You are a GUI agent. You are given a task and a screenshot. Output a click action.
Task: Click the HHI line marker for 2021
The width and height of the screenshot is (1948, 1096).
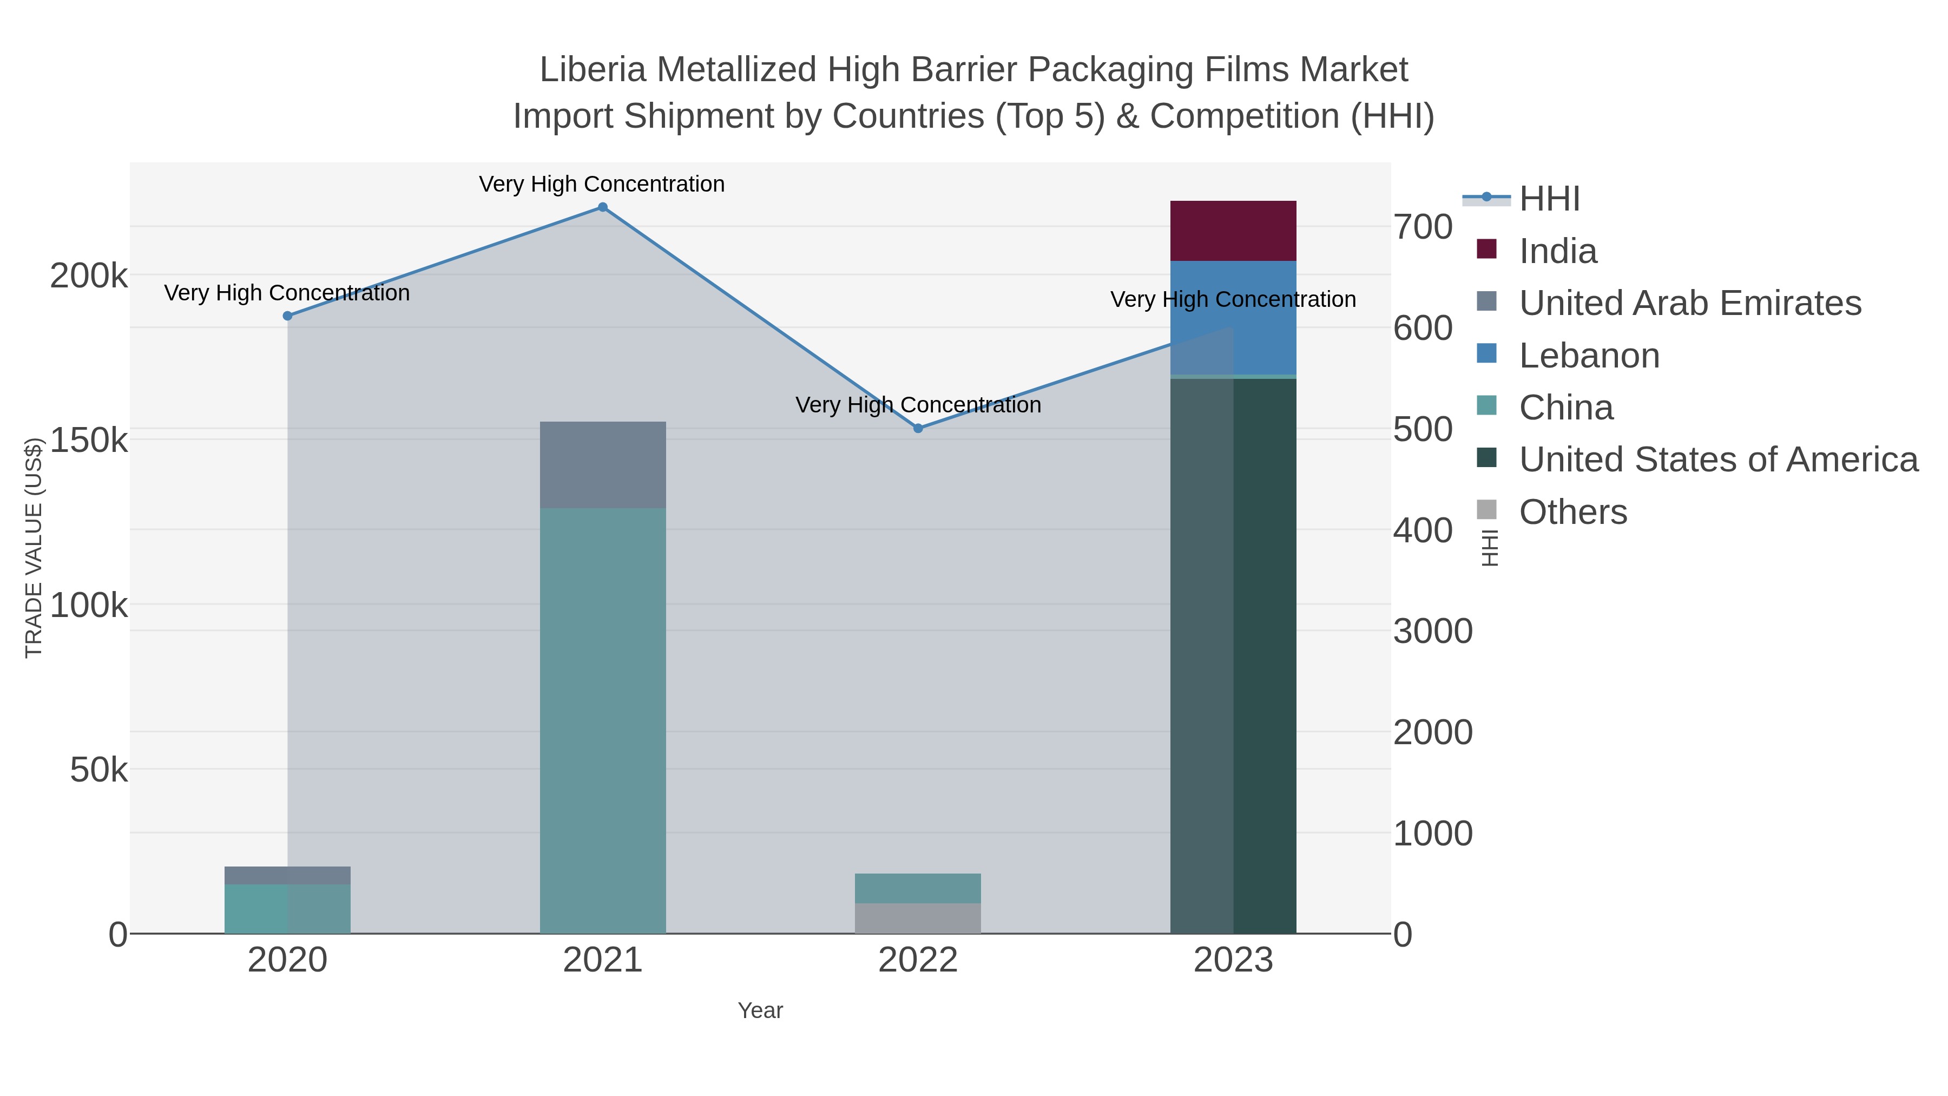tap(603, 207)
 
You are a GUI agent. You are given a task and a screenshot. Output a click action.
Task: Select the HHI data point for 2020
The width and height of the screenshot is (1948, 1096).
tap(287, 316)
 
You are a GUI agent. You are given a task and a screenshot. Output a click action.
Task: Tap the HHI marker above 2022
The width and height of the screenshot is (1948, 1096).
tap(918, 428)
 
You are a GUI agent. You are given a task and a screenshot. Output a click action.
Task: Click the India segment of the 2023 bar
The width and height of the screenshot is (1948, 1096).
tap(1233, 231)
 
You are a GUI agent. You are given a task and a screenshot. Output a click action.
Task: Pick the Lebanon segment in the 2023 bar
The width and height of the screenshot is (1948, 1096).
tap(1233, 318)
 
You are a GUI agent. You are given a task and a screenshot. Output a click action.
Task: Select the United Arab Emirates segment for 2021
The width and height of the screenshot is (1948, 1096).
tap(603, 464)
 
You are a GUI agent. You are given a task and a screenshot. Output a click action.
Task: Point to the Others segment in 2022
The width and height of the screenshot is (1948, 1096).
tap(918, 918)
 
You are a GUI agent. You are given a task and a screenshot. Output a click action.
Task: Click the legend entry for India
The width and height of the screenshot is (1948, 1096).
tap(1558, 251)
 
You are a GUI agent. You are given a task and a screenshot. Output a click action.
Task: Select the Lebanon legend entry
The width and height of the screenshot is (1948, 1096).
tap(1589, 356)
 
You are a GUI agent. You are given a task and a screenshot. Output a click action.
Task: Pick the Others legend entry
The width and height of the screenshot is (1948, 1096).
tap(1573, 512)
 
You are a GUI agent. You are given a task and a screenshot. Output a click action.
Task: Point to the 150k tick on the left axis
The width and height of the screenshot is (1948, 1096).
tap(89, 440)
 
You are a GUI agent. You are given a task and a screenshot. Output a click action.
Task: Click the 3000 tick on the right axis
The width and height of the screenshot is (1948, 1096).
tap(1432, 631)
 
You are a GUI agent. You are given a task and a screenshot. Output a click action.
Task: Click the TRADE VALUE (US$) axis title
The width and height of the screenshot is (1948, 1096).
tap(34, 548)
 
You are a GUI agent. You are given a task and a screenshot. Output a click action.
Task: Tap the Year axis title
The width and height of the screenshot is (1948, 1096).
tap(760, 1010)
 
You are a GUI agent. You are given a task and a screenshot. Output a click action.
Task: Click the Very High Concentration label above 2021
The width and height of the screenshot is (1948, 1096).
tap(602, 185)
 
